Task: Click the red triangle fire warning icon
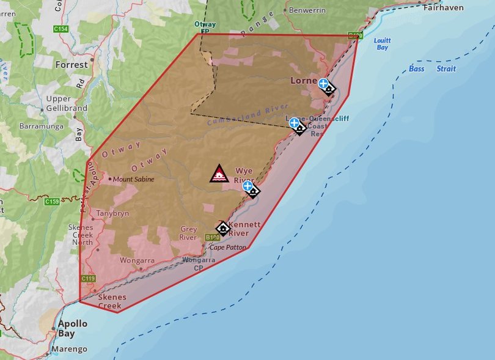[x=219, y=174]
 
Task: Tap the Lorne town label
[x=304, y=80]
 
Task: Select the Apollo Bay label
[x=73, y=329]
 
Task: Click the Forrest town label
[x=71, y=64]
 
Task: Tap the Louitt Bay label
[x=383, y=44]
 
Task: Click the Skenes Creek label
[x=110, y=301]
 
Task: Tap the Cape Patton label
[x=227, y=248]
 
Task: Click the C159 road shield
[x=52, y=201]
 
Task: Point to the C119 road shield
[x=88, y=279]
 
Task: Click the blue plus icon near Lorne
[x=323, y=84]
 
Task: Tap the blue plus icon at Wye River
[x=248, y=186]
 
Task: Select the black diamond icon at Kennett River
[x=223, y=229]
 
